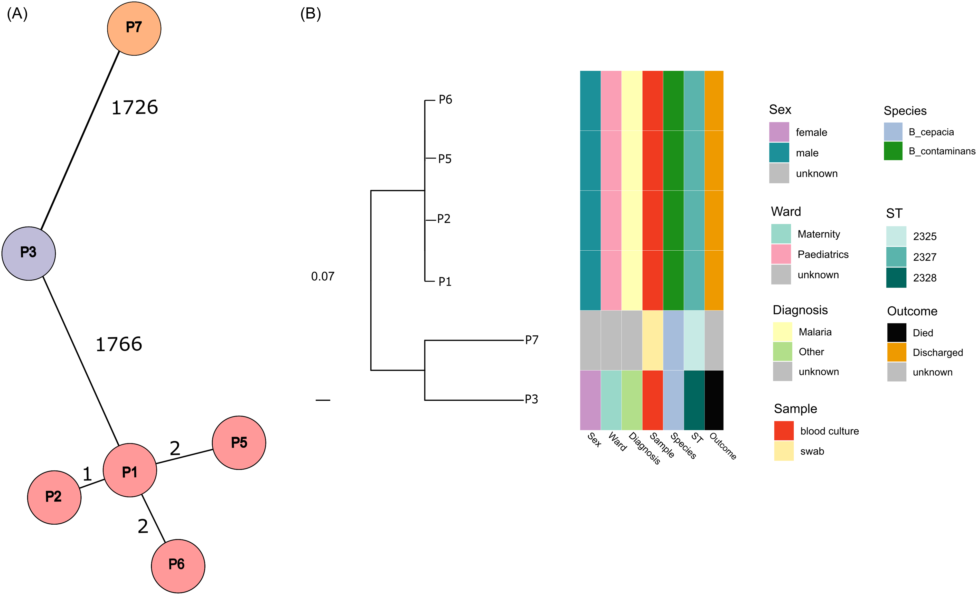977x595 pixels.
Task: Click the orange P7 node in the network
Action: pos(134,29)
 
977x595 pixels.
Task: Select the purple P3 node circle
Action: pos(29,254)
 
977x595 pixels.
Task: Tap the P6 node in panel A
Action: pos(178,566)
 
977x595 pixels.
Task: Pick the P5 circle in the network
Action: pos(239,443)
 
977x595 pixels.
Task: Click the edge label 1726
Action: pos(135,107)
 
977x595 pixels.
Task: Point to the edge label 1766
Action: pos(119,344)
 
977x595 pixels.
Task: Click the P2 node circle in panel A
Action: pos(54,497)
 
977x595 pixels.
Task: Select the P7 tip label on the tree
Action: pos(532,340)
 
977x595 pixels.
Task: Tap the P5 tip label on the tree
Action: pos(445,159)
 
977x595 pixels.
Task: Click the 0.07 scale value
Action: pos(323,276)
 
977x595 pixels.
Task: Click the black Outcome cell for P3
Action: pos(714,400)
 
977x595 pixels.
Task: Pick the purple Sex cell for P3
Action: pos(590,400)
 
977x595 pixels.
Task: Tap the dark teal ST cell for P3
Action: pos(694,400)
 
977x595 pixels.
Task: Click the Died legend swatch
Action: pos(897,333)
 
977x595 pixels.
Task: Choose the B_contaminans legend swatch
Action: pos(893,151)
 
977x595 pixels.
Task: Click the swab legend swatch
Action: pos(784,451)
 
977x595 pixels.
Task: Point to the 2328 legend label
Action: pos(925,278)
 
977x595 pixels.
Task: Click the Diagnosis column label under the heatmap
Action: pos(645,448)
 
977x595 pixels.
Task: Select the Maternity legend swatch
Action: pos(781,234)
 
